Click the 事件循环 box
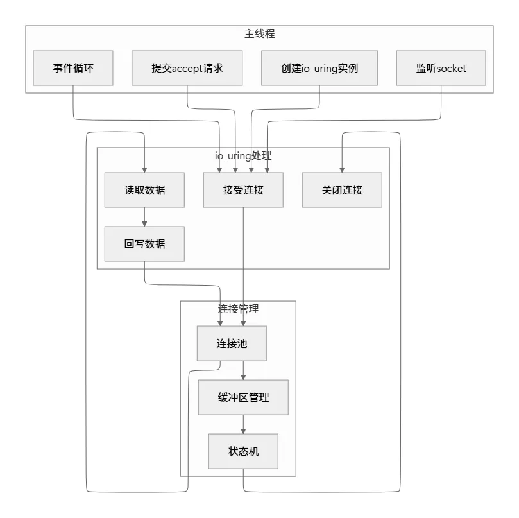coord(72,68)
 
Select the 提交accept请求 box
coord(187,68)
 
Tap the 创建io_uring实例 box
coord(319,68)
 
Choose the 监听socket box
coord(441,68)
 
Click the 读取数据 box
coord(144,190)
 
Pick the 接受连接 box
coord(243,190)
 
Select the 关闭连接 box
coord(342,190)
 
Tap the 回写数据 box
coord(144,244)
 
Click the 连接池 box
coord(232,343)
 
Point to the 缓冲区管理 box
coord(243,397)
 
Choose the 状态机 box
coord(243,451)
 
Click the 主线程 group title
coord(260,33)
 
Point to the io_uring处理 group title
coord(243,155)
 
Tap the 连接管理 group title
coord(238,309)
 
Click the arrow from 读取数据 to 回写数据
coord(144,217)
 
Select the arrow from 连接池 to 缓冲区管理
coord(243,370)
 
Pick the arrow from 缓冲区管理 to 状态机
coord(243,424)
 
